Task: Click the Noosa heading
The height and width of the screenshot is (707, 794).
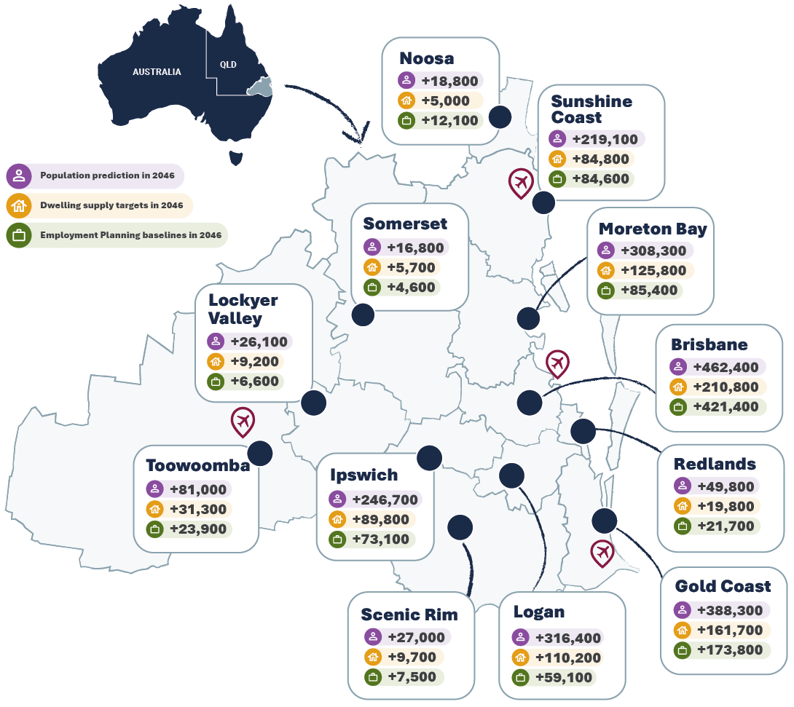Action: click(x=426, y=58)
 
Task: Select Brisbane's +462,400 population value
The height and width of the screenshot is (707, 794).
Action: click(x=726, y=367)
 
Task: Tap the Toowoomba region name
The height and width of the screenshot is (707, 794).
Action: click(x=197, y=465)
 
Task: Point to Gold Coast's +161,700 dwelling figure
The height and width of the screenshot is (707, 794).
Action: click(x=730, y=630)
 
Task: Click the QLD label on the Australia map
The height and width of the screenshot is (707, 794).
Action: click(x=228, y=64)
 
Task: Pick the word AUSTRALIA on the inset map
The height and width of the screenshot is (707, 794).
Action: click(x=157, y=72)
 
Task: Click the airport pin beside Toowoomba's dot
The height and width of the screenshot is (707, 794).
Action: click(x=243, y=420)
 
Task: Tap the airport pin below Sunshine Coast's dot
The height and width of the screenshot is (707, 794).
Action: click(x=520, y=183)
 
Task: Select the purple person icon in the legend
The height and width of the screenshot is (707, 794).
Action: click(x=19, y=175)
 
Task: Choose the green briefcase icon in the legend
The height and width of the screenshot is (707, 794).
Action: click(x=19, y=235)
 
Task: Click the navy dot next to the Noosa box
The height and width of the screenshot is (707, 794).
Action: click(x=500, y=116)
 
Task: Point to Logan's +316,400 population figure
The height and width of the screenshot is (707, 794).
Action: click(x=568, y=638)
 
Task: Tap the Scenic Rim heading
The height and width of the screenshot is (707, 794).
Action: click(x=409, y=615)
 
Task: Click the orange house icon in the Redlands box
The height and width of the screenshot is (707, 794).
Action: click(x=683, y=506)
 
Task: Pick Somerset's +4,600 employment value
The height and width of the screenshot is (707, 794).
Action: click(x=411, y=287)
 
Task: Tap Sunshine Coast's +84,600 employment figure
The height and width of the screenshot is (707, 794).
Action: click(x=600, y=178)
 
